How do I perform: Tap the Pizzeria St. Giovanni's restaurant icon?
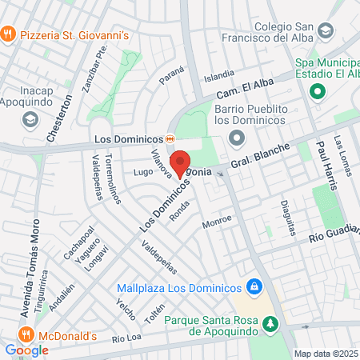[x=9, y=34]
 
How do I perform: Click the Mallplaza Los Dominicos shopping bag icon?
[x=254, y=286]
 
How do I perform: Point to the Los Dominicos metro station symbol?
[x=170, y=138]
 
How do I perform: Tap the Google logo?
[x=26, y=350]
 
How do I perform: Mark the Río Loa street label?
[x=126, y=338]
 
